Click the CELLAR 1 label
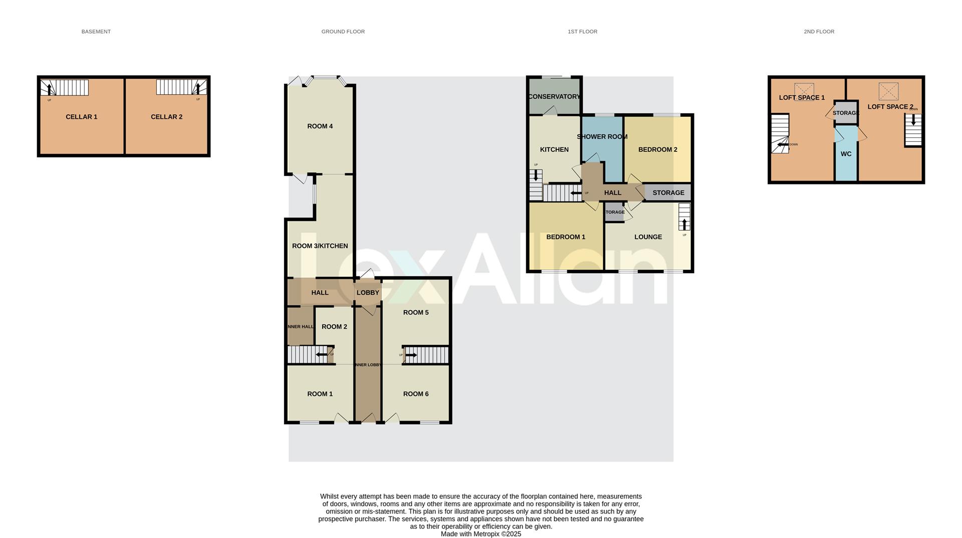pyautogui.click(x=81, y=117)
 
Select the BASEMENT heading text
pyautogui.click(x=96, y=32)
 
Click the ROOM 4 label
pyautogui.click(x=320, y=126)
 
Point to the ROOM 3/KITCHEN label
pyautogui.click(x=320, y=246)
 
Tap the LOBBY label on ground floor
pyautogui.click(x=368, y=293)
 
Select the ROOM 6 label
pyautogui.click(x=415, y=394)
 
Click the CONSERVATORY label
pyautogui.click(x=554, y=97)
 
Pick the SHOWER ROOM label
pyautogui.click(x=602, y=137)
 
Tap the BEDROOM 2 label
pyautogui.click(x=657, y=149)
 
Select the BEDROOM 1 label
pyautogui.click(x=565, y=237)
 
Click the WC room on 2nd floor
pyautogui.click(x=846, y=154)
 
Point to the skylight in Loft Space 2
pyautogui.click(x=888, y=91)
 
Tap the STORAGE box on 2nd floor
pyautogui.click(x=846, y=113)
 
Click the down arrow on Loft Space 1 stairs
pyautogui.click(x=782, y=144)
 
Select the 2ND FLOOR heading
pyautogui.click(x=819, y=32)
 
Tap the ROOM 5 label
pyautogui.click(x=415, y=313)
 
